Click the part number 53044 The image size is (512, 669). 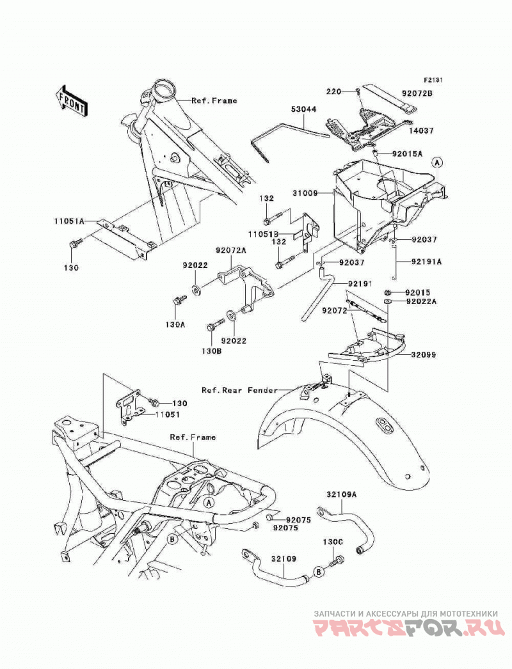[x=304, y=109]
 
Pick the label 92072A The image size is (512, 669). [x=230, y=251]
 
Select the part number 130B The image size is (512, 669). [x=212, y=351]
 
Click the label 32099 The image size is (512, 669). [x=424, y=354]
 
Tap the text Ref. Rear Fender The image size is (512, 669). [x=239, y=390]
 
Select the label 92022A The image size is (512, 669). [x=422, y=301]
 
